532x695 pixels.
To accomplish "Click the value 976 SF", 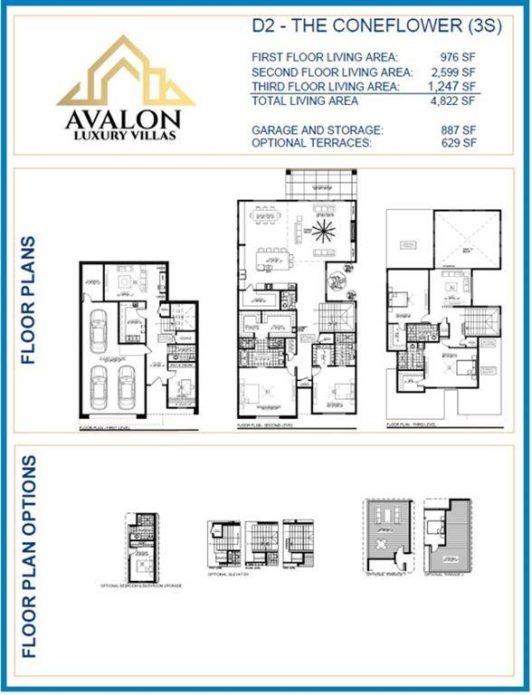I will (460, 57).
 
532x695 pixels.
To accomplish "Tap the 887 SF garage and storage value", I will (460, 130).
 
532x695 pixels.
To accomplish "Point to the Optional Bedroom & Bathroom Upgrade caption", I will (141, 586).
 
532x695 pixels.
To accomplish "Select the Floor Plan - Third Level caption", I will (411, 423).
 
